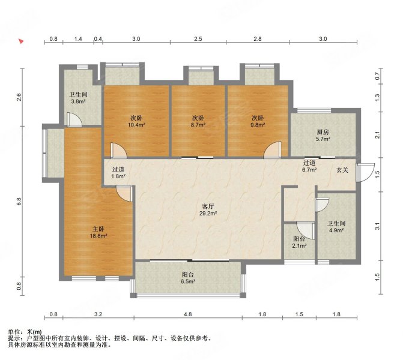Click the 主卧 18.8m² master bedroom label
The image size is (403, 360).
point(98,232)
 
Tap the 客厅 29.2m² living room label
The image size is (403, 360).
point(208,209)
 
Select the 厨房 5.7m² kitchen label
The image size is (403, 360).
point(323,136)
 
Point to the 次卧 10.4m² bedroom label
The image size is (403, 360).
point(136,121)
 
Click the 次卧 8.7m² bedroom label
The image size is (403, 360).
point(198,121)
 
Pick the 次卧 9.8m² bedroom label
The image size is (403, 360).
point(258,121)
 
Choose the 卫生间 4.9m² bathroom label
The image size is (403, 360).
point(336,227)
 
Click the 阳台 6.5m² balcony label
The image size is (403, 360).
point(187,278)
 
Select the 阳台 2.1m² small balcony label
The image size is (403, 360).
point(300,242)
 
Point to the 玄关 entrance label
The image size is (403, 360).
point(342,170)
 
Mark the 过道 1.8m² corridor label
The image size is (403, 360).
point(118,173)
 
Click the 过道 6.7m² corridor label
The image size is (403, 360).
point(309,166)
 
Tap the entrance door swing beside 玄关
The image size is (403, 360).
point(365,173)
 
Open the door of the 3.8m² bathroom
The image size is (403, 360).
point(74,119)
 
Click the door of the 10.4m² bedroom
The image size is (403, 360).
point(119,150)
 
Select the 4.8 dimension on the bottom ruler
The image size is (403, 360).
point(188,314)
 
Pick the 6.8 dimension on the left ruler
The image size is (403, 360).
point(19,202)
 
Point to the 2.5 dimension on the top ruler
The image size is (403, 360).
point(198,39)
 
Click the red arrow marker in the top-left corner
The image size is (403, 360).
point(21,41)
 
